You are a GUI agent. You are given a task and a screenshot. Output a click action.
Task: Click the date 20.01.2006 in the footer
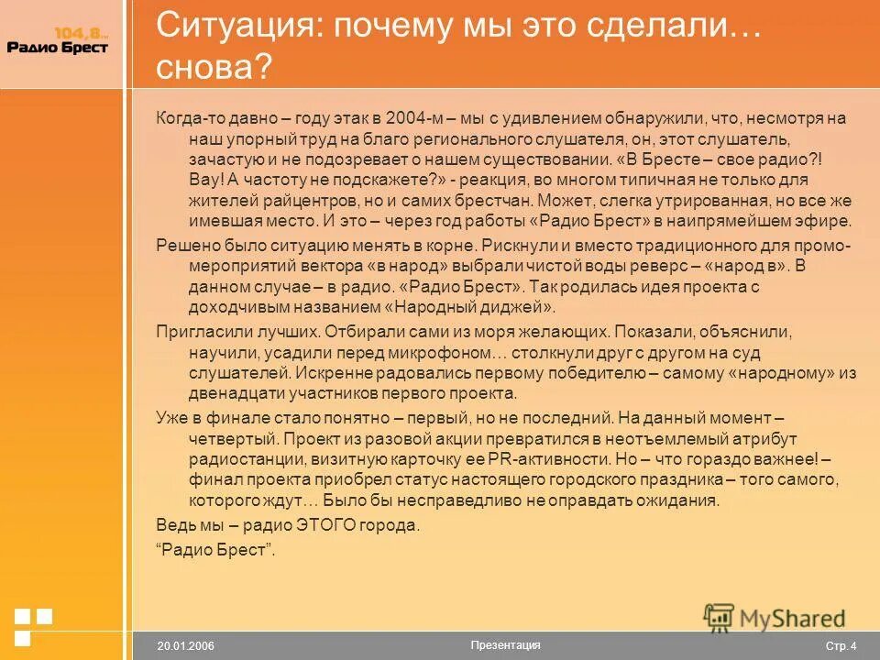tap(185, 646)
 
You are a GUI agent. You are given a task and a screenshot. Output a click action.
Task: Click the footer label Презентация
tap(504, 644)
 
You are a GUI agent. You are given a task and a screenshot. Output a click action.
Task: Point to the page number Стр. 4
tap(841, 646)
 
